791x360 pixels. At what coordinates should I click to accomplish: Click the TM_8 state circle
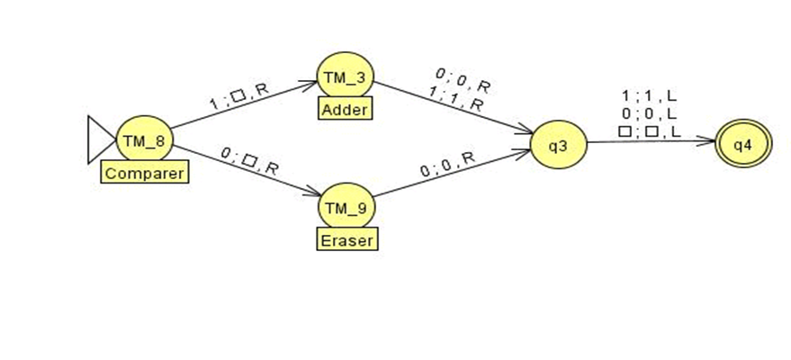tap(144, 142)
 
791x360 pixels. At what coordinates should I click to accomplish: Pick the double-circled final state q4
tap(743, 146)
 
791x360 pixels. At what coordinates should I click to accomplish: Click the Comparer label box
tap(145, 172)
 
